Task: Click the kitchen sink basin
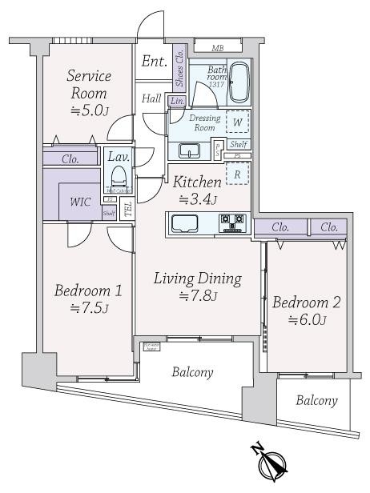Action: (188, 222)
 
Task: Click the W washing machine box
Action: (236, 122)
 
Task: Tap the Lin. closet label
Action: (177, 101)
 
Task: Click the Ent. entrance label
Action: (154, 61)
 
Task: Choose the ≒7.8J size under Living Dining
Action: (197, 297)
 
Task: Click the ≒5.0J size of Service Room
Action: (88, 110)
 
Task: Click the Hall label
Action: (151, 98)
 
